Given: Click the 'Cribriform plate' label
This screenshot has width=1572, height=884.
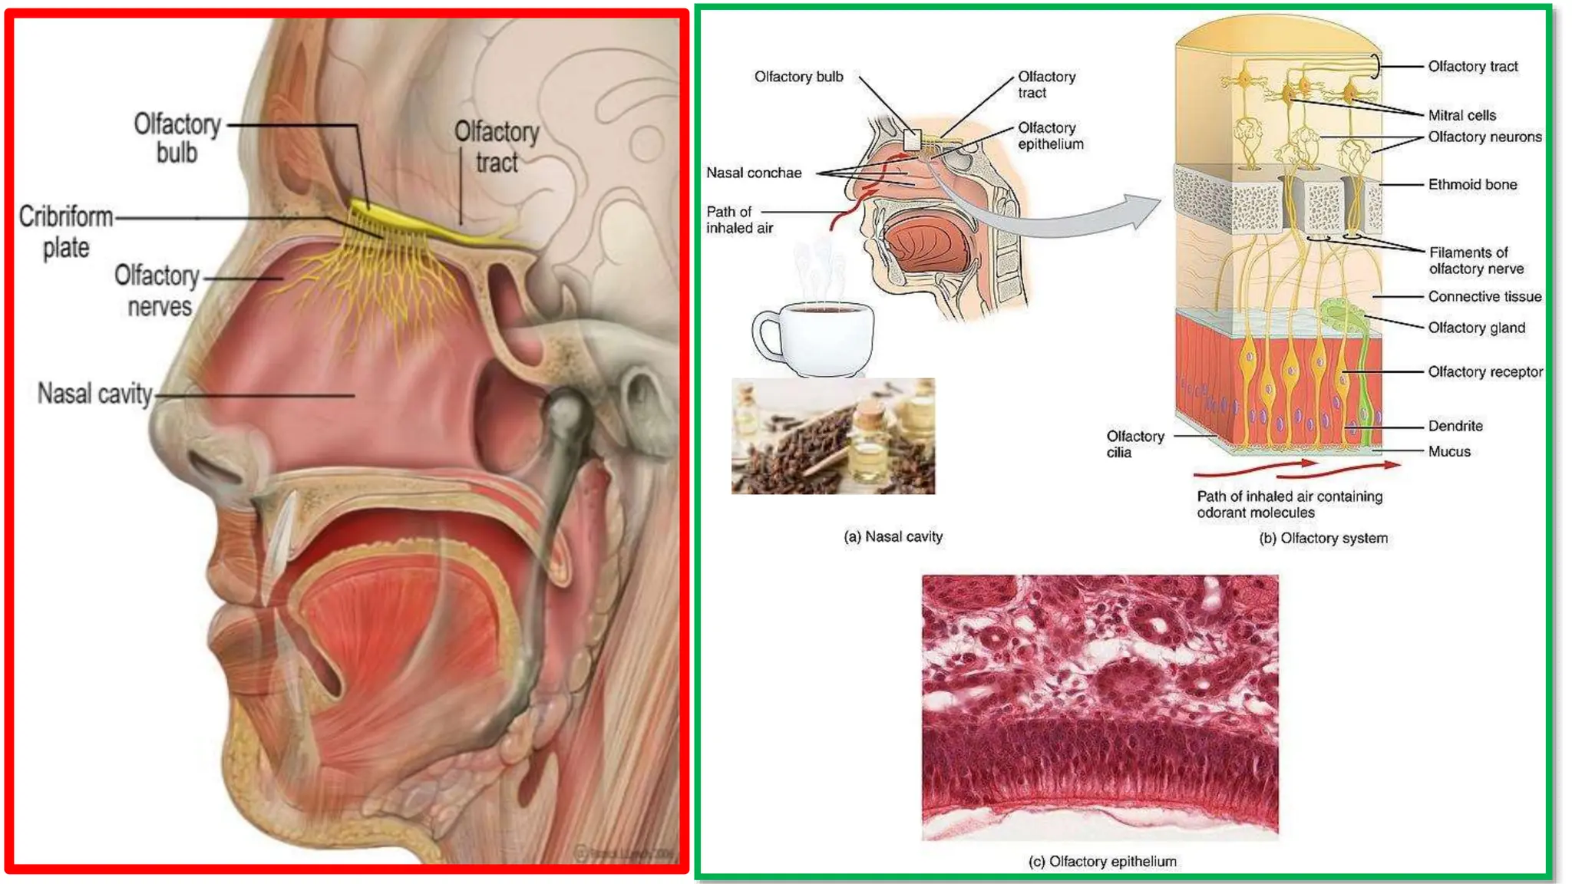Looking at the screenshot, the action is (x=66, y=232).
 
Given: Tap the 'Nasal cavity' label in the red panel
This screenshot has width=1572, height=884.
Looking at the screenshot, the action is (x=95, y=394).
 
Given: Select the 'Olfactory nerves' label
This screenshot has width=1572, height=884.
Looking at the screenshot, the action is (x=158, y=291).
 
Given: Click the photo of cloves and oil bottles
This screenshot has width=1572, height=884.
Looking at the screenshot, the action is (x=833, y=436).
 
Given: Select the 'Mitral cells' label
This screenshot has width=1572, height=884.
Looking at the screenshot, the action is (x=1461, y=115).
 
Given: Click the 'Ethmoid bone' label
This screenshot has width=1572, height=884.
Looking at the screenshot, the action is (x=1472, y=184).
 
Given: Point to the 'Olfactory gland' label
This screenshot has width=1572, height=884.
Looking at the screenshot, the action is (x=1476, y=328).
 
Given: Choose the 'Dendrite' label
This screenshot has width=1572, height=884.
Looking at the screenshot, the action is (x=1455, y=426).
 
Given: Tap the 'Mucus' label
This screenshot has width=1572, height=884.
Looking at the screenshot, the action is (x=1449, y=451).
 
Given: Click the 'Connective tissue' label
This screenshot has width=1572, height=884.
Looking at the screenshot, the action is (x=1484, y=296).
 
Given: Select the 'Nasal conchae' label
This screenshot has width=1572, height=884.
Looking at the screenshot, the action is (x=754, y=173).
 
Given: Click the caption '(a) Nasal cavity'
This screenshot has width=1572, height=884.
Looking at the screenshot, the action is (x=893, y=536).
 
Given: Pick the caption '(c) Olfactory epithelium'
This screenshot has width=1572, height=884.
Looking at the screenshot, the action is (x=1101, y=861).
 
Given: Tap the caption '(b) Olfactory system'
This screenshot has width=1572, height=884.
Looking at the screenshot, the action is (x=1323, y=538).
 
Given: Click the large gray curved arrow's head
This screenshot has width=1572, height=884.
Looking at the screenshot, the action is (x=1143, y=210).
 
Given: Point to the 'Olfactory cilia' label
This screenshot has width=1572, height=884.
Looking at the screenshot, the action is (x=1134, y=444).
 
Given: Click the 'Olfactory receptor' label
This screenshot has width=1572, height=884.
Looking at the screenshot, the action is (x=1484, y=371).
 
